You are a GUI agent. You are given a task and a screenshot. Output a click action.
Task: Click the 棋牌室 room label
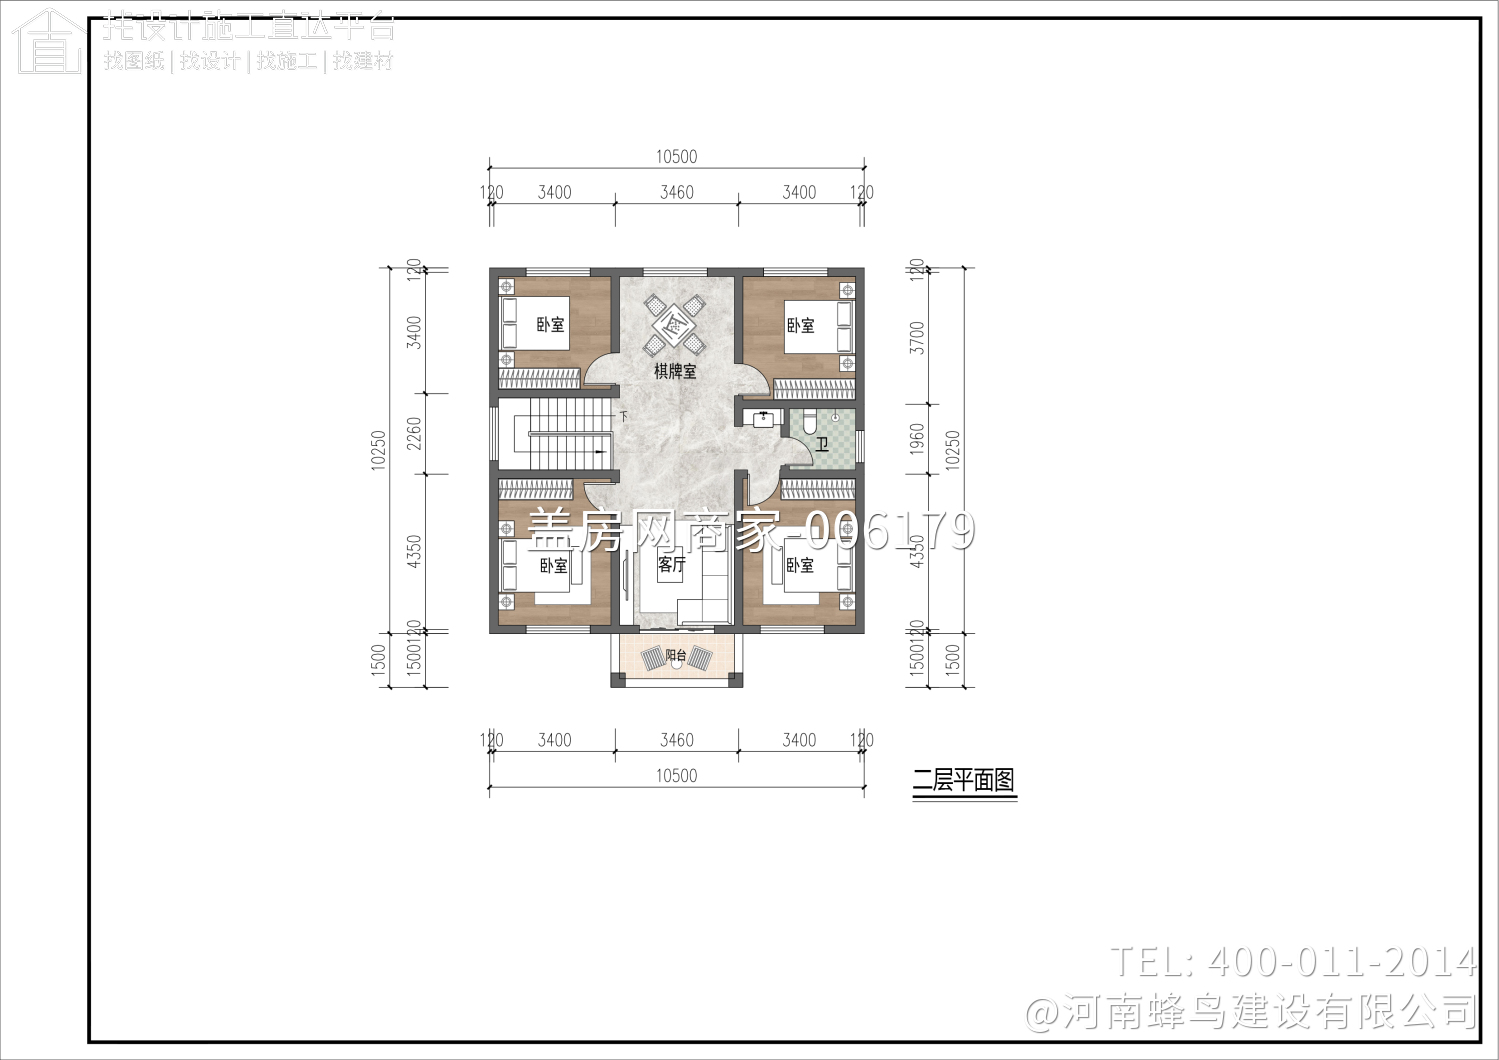coord(675,371)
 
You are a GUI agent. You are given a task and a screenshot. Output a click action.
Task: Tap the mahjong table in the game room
coord(675,324)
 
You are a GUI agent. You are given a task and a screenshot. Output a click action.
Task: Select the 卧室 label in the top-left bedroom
coord(550,325)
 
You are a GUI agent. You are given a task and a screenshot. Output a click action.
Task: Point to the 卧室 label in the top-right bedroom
coord(800,325)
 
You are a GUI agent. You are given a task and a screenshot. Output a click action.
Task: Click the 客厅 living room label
coord(672,565)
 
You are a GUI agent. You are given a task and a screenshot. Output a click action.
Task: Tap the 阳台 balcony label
coord(676,656)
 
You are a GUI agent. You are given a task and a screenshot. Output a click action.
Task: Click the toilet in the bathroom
coord(810,421)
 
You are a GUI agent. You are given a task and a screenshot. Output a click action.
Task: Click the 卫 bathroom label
coord(822,444)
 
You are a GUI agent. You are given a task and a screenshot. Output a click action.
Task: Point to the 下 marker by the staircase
coord(624,416)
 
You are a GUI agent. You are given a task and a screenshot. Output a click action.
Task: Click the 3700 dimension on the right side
coord(917,337)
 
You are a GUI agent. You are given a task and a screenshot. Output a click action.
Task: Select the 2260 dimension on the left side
coord(415,432)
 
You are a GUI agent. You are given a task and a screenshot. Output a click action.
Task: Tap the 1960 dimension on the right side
coord(917,438)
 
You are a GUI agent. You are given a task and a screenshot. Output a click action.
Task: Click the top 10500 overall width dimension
coord(676,157)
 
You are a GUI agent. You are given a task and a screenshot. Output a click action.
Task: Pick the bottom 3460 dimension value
coord(676,740)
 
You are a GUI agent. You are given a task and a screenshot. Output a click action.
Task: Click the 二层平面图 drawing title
coord(964,780)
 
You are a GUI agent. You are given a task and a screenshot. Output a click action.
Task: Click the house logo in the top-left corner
coord(47,42)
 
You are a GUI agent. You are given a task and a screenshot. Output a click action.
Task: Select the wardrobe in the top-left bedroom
coord(539,379)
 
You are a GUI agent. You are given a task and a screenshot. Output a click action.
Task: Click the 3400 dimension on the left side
coord(415,332)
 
